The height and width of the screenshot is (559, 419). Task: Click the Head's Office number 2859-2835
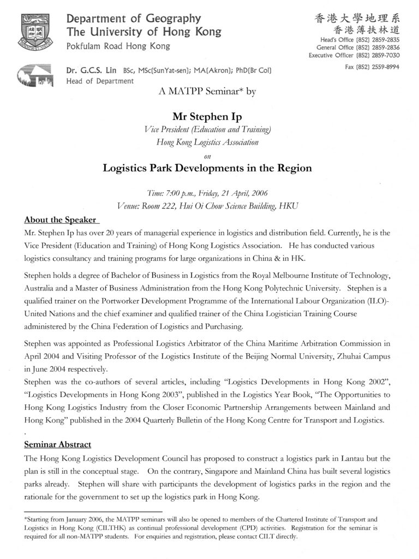(386, 40)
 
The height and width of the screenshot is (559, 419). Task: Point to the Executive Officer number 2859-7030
(386, 55)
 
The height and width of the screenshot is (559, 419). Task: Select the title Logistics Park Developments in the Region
(207, 168)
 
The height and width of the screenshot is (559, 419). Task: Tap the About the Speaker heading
(60, 220)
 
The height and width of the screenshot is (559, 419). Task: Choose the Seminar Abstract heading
(57, 444)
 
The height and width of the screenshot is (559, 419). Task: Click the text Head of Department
(99, 81)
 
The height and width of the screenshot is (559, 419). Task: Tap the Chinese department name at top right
(357, 19)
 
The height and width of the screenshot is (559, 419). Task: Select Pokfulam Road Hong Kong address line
(118, 46)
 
